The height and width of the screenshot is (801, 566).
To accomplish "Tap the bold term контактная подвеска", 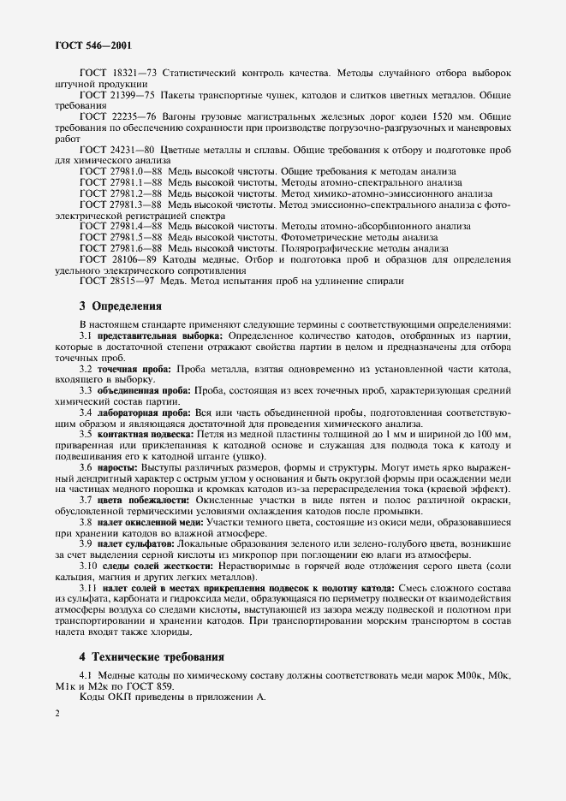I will pyautogui.click(x=145, y=434).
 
